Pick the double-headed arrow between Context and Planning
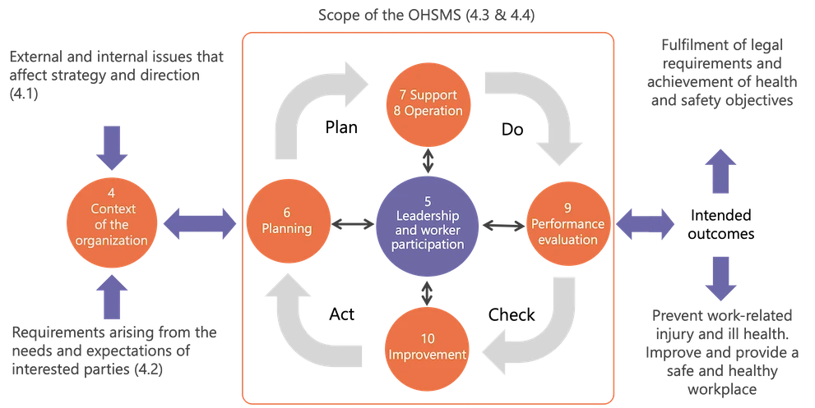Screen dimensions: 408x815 pyautogui.click(x=201, y=222)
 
